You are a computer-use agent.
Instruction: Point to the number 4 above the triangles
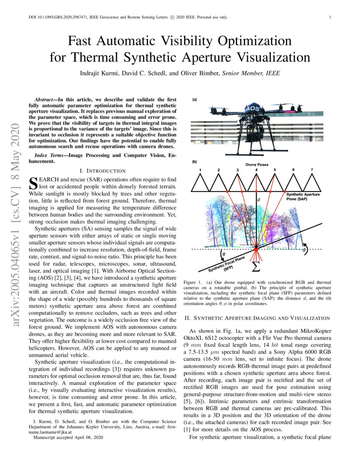click(256, 170)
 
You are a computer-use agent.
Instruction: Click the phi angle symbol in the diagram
click(303, 250)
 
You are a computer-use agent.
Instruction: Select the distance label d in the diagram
click(259, 199)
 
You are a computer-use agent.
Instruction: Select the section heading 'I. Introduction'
click(102, 171)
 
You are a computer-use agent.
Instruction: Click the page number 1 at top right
click(330, 17)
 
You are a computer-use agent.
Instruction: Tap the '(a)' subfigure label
click(194, 100)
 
